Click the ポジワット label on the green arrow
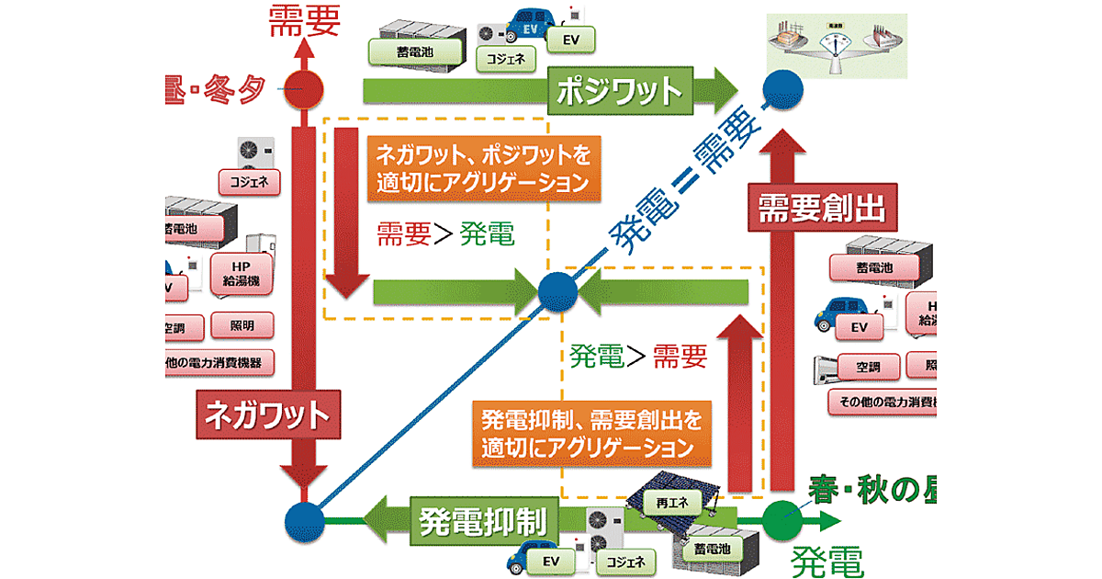pyautogui.click(x=620, y=91)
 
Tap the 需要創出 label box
pyautogui.click(x=821, y=209)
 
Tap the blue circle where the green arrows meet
pyautogui.click(x=557, y=293)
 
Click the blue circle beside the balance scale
pyautogui.click(x=782, y=90)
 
